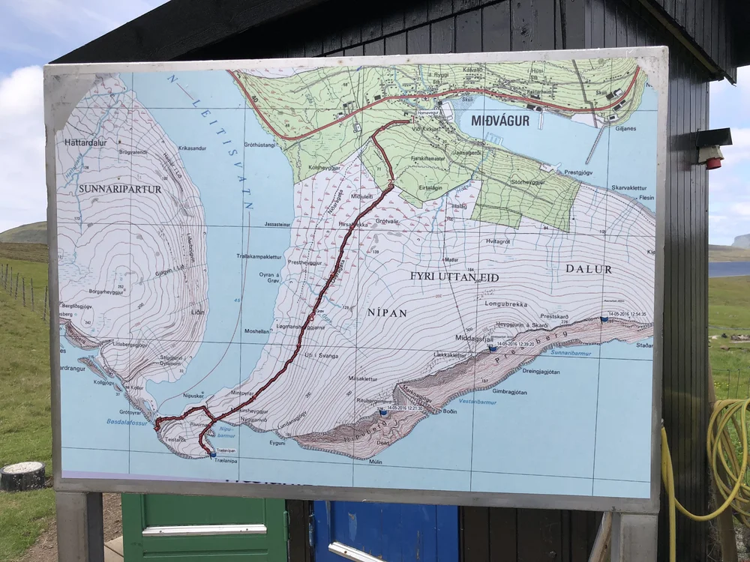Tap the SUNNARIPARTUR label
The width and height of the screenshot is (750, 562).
click(120, 189)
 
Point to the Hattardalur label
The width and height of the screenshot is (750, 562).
click(85, 141)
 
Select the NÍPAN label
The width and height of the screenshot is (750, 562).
click(388, 312)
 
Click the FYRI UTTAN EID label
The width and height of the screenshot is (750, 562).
click(454, 277)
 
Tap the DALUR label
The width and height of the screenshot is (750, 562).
click(589, 268)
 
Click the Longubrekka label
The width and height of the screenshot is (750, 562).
click(506, 305)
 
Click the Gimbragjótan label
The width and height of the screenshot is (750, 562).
click(510, 391)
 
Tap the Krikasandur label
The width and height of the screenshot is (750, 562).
click(193, 148)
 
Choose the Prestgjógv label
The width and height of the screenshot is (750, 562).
click(578, 172)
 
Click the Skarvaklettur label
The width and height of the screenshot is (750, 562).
click(628, 187)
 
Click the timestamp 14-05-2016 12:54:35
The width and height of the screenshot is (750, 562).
click(627, 314)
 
